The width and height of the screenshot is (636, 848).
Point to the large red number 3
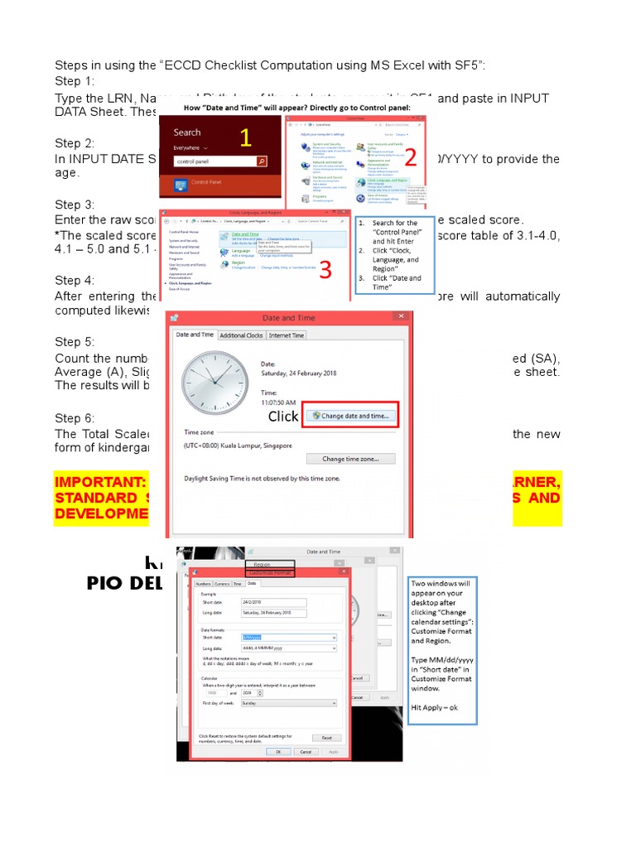pos(325,269)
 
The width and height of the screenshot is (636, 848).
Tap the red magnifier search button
pos(262,162)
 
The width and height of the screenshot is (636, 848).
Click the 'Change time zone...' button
pos(350,459)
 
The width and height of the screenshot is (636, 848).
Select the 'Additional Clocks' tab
pos(242,335)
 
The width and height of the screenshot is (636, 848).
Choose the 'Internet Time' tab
pos(287,335)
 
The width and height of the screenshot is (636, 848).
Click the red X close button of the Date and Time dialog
pos(401,317)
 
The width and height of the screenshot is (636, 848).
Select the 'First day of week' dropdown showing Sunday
pos(288,702)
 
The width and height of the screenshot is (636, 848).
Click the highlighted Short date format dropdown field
pos(288,638)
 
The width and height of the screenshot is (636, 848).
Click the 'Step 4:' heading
pos(75,282)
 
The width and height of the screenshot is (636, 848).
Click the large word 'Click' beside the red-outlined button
pos(283,417)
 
